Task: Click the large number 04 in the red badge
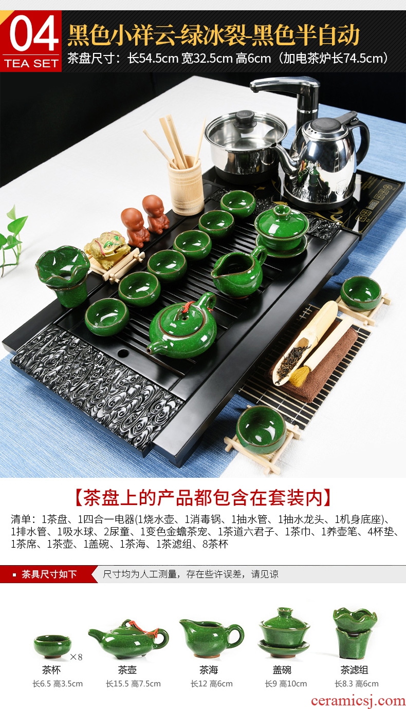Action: pyautogui.click(x=34, y=34)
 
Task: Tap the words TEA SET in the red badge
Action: pyautogui.click(x=31, y=63)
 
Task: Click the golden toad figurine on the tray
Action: pyautogui.click(x=107, y=246)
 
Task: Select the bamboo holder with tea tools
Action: pyautogui.click(x=185, y=184)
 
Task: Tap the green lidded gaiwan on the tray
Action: pyautogui.click(x=282, y=230)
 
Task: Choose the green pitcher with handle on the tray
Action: pyautogui.click(x=239, y=271)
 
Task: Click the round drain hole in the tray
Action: pyautogui.click(x=123, y=352)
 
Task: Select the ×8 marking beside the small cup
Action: pyautogui.click(x=76, y=657)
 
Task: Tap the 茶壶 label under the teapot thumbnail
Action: pyautogui.click(x=127, y=670)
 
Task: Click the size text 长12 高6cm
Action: pyautogui.click(x=212, y=684)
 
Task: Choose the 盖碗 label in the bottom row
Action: pyautogui.click(x=282, y=670)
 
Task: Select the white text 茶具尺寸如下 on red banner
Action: pyautogui.click(x=49, y=574)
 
